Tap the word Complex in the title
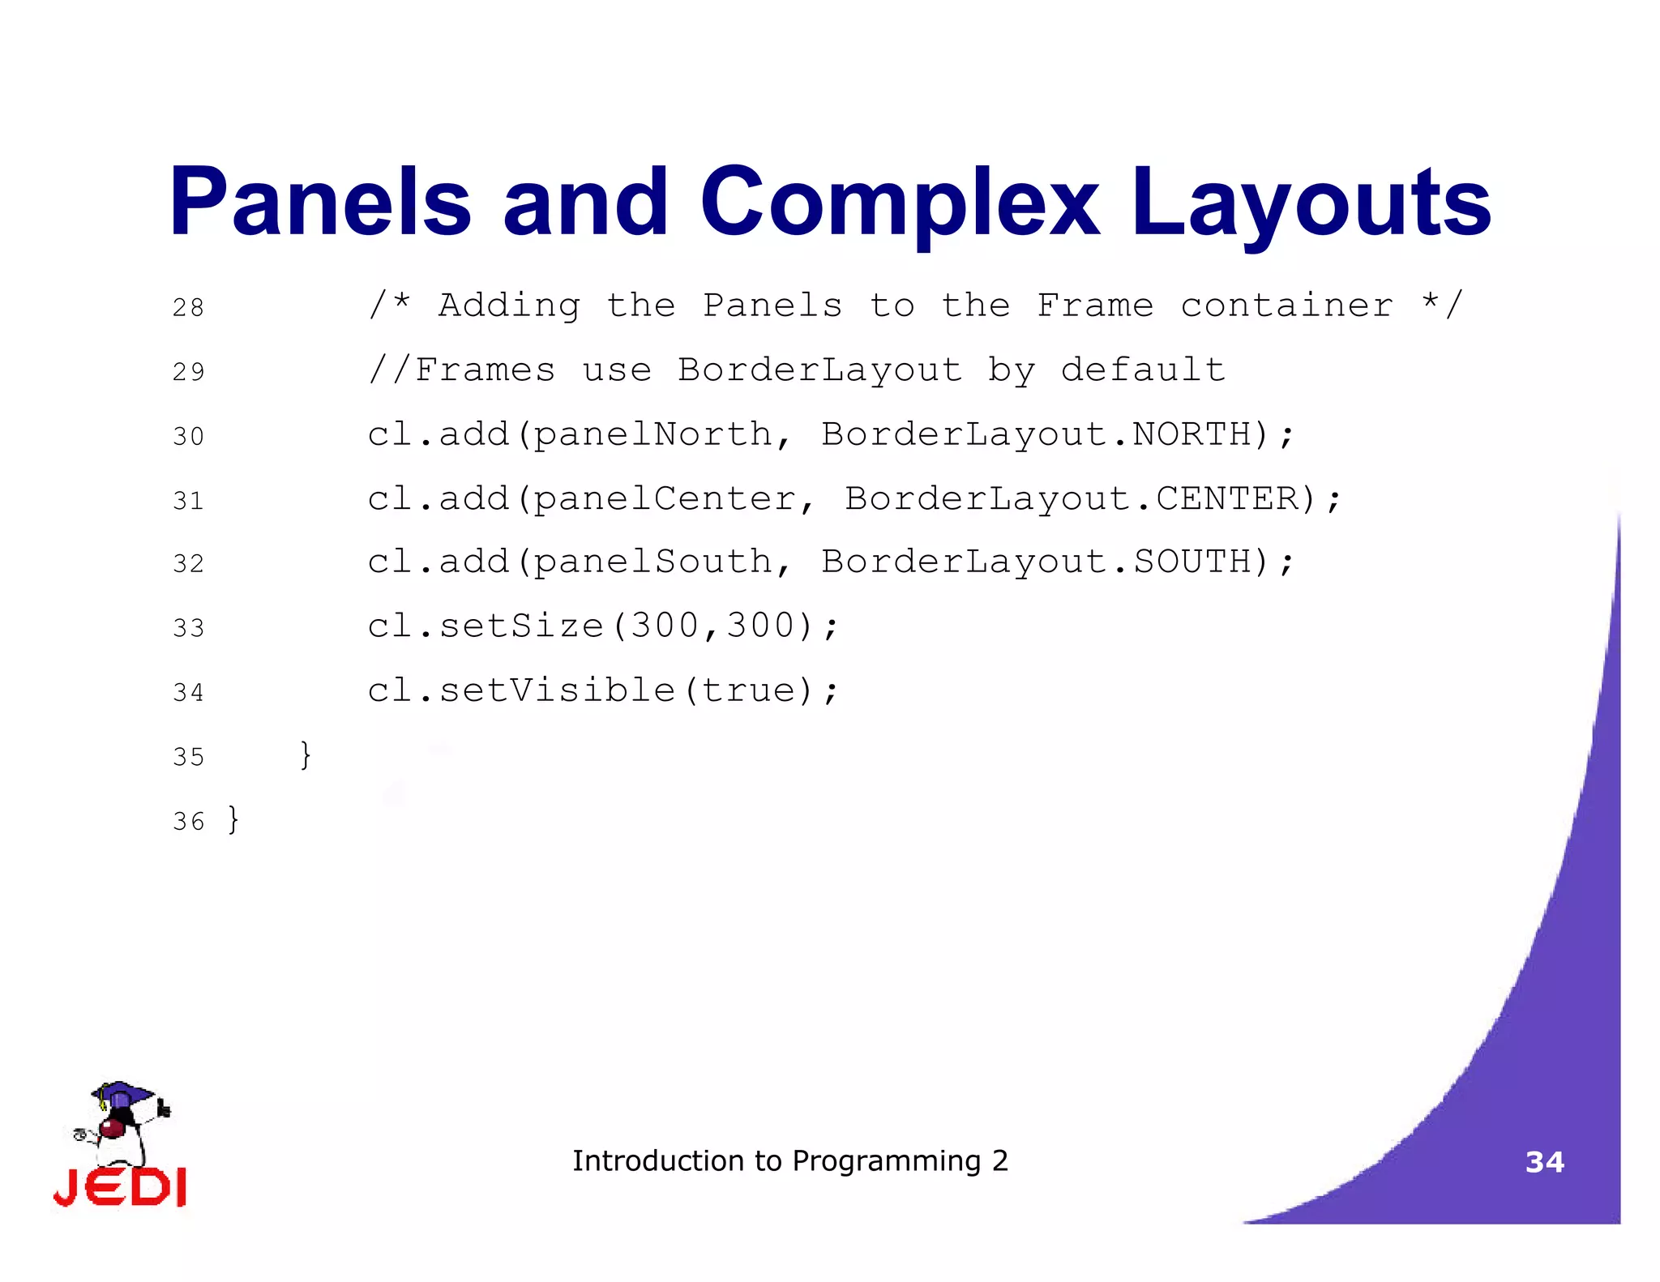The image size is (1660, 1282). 900,203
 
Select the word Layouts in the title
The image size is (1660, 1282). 1311,203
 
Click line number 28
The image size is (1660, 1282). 188,308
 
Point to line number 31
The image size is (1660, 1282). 188,501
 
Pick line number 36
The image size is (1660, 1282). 188,822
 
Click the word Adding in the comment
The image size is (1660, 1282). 509,306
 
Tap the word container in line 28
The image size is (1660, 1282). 1286,306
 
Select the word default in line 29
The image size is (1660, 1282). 1143,370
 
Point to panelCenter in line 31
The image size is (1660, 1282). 665,498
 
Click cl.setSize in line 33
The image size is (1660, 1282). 485,626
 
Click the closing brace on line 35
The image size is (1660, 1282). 306,754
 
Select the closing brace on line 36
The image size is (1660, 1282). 233,819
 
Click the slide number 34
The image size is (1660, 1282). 1544,1162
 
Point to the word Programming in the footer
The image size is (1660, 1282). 886,1161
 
